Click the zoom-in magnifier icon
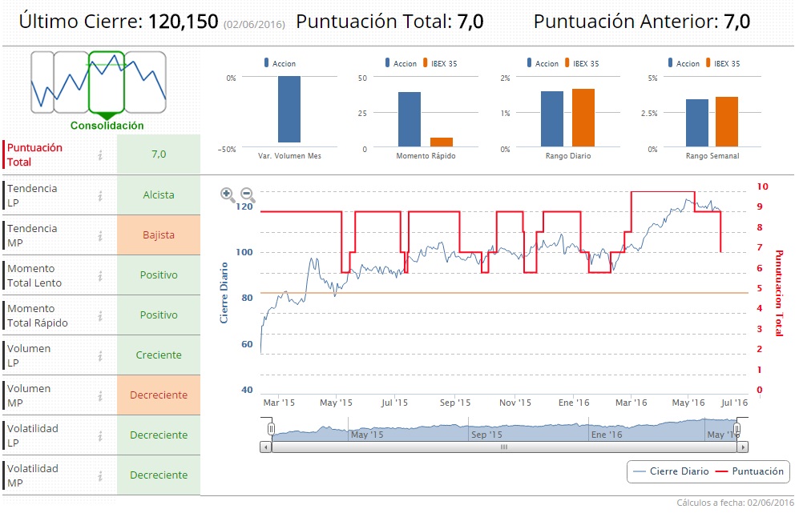tap(228, 194)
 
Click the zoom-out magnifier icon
tap(248, 194)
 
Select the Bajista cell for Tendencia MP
tap(158, 235)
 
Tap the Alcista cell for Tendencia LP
tap(158, 195)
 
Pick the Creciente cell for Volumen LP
tap(158, 355)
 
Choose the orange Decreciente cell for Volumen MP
tap(158, 395)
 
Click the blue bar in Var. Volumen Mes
tap(289, 110)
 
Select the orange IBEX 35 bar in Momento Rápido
tap(436, 142)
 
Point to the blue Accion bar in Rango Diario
tap(552, 120)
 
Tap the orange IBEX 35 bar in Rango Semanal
tap(727, 122)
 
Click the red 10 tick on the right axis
tap(763, 186)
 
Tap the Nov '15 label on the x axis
tap(515, 403)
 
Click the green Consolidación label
tap(107, 126)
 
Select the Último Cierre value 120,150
tap(183, 22)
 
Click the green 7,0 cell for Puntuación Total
tap(158, 154)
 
